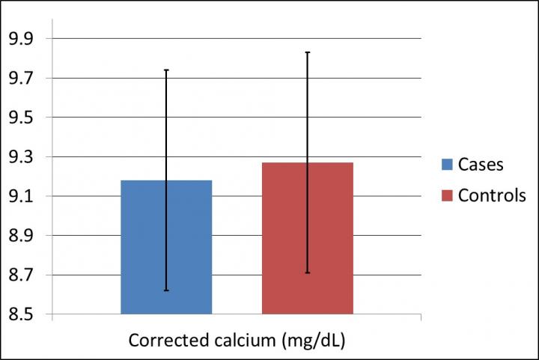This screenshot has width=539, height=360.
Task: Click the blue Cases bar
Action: coord(166,247)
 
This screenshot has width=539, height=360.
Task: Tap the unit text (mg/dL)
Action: coord(313,341)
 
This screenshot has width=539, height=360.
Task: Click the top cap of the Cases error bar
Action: coord(166,70)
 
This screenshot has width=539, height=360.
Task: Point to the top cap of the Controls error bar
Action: coord(308,52)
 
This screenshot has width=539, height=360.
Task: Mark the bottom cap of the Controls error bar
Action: coord(308,273)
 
